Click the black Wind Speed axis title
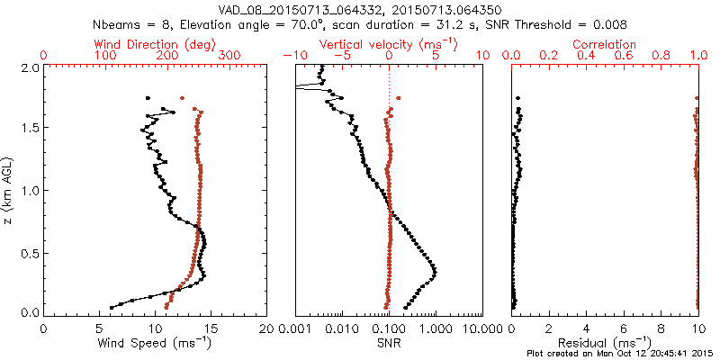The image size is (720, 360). [156, 343]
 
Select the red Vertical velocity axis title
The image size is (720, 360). [388, 44]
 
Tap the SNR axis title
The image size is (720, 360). [389, 343]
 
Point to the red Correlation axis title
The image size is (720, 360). [606, 44]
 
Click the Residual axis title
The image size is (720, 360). [606, 343]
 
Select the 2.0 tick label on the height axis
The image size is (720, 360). [29, 68]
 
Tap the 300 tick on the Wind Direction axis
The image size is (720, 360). [229, 56]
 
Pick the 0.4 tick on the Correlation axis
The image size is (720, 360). [587, 56]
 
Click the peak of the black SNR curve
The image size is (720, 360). [436, 271]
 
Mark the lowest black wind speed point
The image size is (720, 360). [112, 307]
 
